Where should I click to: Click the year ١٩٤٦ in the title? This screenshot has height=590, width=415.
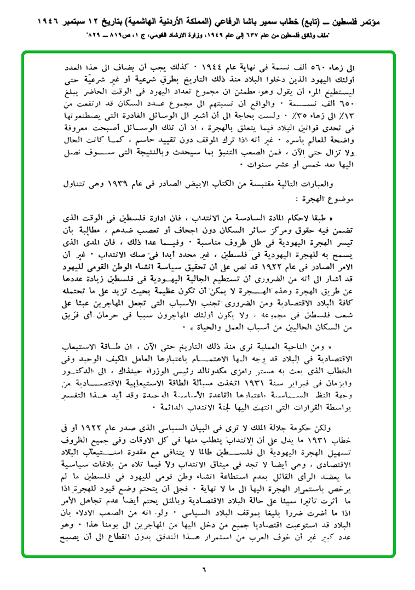(x=27, y=25)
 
